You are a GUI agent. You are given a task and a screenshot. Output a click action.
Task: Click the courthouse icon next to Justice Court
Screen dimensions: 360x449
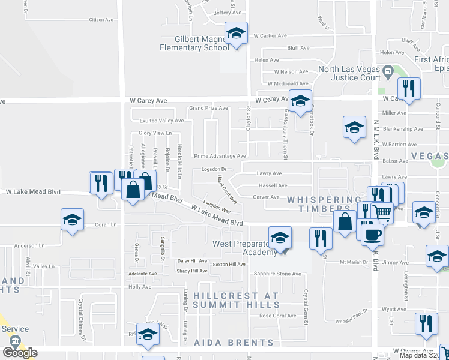pos(388,73)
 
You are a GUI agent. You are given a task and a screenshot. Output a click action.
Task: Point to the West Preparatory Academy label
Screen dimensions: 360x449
pos(246,248)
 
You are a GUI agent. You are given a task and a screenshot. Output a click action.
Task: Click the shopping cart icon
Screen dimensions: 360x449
pos(382,212)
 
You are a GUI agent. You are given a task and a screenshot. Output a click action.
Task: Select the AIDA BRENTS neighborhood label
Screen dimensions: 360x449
pos(234,343)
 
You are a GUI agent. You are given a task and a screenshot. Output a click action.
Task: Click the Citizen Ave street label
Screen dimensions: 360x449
pos(101,20)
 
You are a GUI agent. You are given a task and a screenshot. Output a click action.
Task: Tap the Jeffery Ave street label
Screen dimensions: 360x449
pos(227,12)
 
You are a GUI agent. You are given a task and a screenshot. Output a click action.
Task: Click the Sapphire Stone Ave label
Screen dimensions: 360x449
pos(277,274)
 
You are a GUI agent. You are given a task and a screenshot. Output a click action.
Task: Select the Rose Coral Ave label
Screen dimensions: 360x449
pos(277,316)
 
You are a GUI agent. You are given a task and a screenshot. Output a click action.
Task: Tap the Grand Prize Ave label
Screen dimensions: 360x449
pos(208,108)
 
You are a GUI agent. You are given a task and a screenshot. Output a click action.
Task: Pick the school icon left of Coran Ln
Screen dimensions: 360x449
pos(72,219)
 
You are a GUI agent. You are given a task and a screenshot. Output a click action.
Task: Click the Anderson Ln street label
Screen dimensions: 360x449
pos(30,245)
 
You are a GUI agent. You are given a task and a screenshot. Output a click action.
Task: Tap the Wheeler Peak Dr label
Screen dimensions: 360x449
pos(351,314)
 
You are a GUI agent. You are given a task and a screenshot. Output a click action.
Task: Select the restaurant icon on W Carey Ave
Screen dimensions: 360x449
pos(409,89)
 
